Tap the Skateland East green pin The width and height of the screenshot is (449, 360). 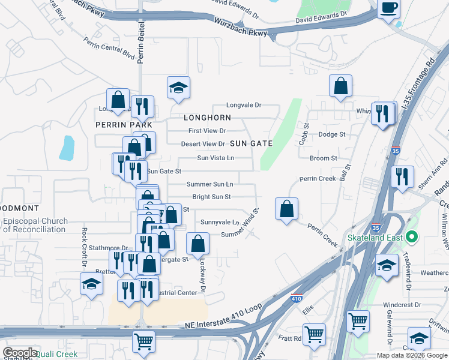coord(411,236)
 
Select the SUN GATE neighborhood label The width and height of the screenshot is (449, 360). coord(252,143)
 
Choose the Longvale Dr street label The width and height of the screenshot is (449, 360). coord(244,105)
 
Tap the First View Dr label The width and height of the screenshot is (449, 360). coord(206,131)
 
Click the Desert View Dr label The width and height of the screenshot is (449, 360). coord(203,144)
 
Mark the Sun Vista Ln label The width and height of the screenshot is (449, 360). coord(215,158)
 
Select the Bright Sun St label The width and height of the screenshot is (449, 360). coord(211,197)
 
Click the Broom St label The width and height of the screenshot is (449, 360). coord(324,158)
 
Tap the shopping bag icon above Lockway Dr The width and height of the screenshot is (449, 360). coord(197,243)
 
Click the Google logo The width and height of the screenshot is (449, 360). coord(19,353)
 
